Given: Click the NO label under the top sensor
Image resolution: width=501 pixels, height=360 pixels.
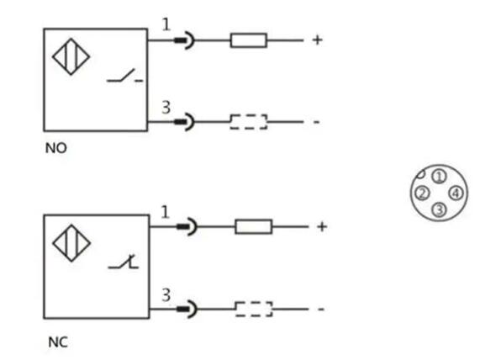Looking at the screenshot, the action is click(x=56, y=148).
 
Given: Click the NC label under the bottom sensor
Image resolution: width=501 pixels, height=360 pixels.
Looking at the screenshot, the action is click(x=58, y=342).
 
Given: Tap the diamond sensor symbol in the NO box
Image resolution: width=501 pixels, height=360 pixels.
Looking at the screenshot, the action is click(x=71, y=57).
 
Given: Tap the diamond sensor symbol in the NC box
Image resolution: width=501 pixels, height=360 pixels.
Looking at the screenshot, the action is click(x=71, y=243).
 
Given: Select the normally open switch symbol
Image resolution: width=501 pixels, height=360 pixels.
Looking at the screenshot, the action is click(x=124, y=76).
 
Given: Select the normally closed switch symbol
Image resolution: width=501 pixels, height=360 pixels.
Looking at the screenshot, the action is click(x=124, y=262).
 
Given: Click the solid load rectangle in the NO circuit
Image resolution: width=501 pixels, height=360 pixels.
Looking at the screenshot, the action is click(x=249, y=40).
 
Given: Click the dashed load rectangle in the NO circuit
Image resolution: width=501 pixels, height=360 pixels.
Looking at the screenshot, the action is click(x=249, y=122).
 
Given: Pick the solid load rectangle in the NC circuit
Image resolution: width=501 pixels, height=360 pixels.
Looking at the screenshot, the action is click(x=254, y=226).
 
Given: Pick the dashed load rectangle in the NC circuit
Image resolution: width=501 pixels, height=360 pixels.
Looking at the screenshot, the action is click(x=254, y=309).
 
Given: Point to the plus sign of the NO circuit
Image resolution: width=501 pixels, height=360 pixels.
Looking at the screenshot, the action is click(x=317, y=40).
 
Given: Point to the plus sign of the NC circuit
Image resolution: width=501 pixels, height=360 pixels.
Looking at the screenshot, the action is click(x=322, y=226).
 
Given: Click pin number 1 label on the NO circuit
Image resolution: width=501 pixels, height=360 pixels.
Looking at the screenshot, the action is click(x=166, y=24).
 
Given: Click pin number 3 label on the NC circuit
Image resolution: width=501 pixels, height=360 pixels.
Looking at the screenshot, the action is click(x=166, y=295).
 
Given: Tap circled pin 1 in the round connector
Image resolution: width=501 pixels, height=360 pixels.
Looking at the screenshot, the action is click(x=439, y=176).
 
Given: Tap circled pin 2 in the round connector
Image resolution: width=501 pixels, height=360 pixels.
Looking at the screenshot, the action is click(x=422, y=193).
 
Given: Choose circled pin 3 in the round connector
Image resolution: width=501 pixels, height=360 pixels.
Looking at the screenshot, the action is click(x=439, y=209).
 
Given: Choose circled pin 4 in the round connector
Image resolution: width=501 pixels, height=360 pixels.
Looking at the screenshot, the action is click(x=456, y=193).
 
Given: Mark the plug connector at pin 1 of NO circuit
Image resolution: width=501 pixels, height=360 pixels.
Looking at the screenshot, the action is click(x=184, y=40).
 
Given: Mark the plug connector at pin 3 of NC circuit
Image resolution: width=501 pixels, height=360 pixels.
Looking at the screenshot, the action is click(x=187, y=309).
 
